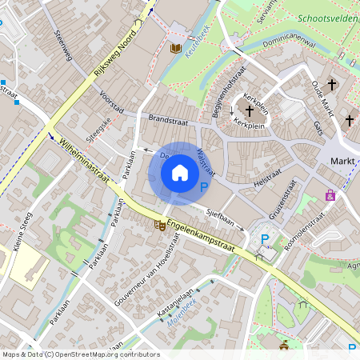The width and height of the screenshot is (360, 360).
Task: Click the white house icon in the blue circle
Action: (180, 173)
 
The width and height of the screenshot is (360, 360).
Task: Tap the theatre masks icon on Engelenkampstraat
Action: (159, 226)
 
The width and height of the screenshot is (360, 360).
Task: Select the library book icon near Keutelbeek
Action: (176, 49)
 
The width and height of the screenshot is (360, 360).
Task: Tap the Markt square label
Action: (343, 162)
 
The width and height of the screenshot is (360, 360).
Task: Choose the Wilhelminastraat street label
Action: (84, 162)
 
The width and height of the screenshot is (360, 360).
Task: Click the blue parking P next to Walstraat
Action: (203, 188)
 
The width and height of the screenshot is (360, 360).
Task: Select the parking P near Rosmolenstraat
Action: (265, 239)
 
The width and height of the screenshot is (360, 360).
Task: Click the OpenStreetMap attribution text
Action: (80, 354)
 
